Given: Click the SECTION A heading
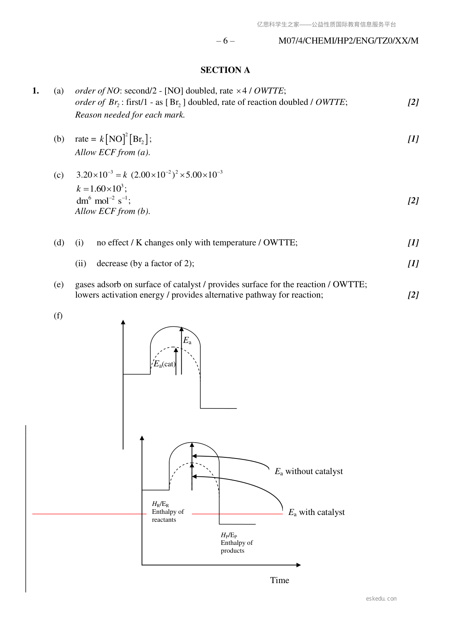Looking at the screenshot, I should click(225, 70).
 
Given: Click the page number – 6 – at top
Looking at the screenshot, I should click(225, 41).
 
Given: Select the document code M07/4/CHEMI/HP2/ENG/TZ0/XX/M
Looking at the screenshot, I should click(348, 41).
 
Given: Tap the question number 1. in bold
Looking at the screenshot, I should click(36, 91).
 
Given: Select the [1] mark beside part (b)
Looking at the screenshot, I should click(413, 139).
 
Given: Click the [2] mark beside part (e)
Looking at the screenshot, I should click(413, 295).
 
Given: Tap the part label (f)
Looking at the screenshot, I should click(58, 315).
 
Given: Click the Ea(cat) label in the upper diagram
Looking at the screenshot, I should click(164, 364).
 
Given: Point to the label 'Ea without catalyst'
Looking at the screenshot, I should click(309, 471).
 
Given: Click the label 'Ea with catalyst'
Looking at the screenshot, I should click(316, 512).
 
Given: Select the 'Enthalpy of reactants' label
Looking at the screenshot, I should click(168, 515).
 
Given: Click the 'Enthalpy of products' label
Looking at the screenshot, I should click(237, 546).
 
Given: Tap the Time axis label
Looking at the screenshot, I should click(279, 580).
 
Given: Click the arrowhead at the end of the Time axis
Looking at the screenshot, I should click(298, 565).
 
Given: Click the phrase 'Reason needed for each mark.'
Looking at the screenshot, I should click(130, 115).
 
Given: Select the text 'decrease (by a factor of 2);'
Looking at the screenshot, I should click(145, 264).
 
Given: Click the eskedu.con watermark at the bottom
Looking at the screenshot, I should click(381, 599).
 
